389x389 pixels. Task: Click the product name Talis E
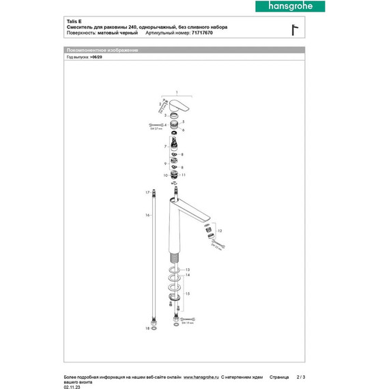pos(73,21)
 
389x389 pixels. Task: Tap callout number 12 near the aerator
pos(220,231)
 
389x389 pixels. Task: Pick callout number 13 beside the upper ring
pos(188,270)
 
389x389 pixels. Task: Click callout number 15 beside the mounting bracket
pos(188,292)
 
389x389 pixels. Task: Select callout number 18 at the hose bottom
pos(146,328)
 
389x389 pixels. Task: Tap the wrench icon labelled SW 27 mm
pos(152,126)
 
